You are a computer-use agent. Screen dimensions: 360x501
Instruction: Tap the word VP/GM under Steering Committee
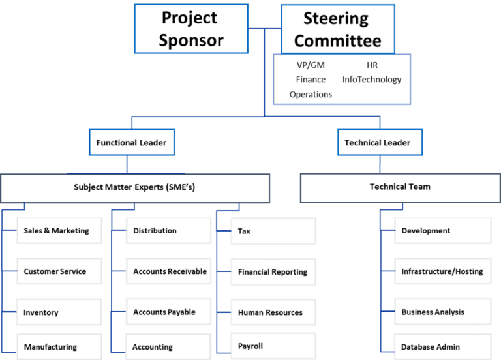tap(311, 65)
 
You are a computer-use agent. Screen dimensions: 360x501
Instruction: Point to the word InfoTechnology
tap(372, 80)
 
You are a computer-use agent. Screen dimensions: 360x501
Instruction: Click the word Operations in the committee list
tap(311, 95)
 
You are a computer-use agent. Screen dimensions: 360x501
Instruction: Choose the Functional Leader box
tap(131, 142)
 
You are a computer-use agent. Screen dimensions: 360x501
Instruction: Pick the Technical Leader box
tap(378, 142)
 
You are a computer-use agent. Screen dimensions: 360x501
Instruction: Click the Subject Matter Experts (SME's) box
tap(134, 187)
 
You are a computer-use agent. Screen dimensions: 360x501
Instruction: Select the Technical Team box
tap(400, 187)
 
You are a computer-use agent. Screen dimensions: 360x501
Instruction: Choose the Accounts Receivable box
tap(169, 271)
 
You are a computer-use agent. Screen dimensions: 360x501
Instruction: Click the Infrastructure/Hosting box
tap(442, 271)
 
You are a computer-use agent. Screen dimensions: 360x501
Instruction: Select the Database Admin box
tap(442, 346)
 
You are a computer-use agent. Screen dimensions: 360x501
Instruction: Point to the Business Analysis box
tap(442, 312)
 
